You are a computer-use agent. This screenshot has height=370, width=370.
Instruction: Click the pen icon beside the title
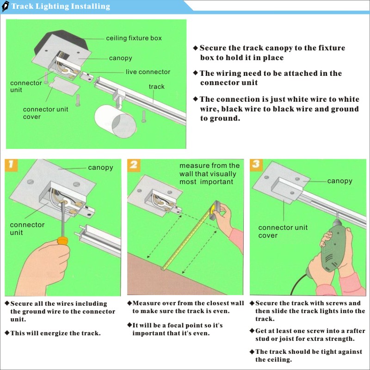pos(6,6)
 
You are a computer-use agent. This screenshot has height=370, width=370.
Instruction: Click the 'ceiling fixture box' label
pos(134,38)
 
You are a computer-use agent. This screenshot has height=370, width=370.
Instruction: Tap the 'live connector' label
pos(148,72)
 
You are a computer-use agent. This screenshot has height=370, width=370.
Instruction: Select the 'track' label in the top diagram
pos(156,86)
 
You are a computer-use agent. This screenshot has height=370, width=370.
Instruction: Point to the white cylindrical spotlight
pos(115,121)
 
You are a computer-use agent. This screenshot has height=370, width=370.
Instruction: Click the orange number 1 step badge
pos(11,165)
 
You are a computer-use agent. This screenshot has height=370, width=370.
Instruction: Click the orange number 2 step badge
pos(134,165)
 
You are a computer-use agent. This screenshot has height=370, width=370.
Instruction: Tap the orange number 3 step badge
pos(256,165)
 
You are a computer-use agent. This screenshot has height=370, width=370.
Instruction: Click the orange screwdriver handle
pos(62,241)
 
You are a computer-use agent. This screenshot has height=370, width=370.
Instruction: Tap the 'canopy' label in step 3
pos(340,181)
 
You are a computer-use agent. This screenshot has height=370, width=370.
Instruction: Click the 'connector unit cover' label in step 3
pos(283,232)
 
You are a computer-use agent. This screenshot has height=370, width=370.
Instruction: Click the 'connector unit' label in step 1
pos(27,228)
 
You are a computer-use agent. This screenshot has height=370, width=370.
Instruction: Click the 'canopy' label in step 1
pos(100,167)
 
